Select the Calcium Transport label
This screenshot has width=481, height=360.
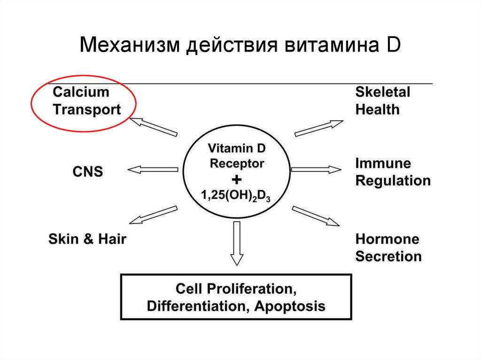[x=87, y=100]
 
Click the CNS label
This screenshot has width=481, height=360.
[x=87, y=172]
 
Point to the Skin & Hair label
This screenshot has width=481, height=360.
[x=87, y=239]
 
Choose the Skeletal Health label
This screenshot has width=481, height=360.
[x=382, y=100]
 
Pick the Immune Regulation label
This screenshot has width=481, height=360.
[x=393, y=172]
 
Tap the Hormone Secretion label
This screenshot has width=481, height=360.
[x=388, y=248]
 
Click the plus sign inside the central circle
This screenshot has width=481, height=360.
[x=237, y=180]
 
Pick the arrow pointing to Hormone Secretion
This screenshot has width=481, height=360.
[x=315, y=214]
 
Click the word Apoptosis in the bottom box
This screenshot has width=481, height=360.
[x=290, y=306]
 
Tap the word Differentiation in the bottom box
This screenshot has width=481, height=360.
[x=199, y=306]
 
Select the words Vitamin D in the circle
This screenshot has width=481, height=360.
[x=237, y=149]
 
